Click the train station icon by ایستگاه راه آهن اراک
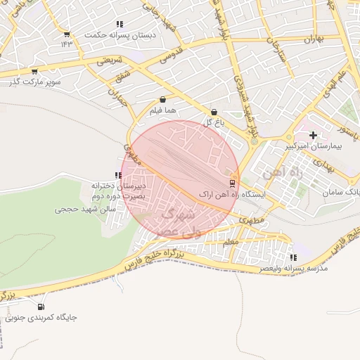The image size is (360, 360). point(233,183)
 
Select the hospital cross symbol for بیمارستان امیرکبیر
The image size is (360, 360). point(313,135)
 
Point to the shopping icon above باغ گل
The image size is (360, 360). point(214,112)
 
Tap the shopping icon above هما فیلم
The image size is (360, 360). point(163,100)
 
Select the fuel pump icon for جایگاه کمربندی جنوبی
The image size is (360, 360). point(40,306)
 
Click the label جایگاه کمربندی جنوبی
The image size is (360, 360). point(41,317)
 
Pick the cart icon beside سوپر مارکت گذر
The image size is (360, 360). point(34,71)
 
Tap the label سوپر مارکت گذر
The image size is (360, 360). point(33,82)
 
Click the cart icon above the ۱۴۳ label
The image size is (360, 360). point(66,34)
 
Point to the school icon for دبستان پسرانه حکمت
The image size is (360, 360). point(119,24)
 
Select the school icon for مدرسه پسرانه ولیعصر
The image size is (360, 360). point(294,257)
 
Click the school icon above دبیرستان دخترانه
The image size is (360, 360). point(118,175)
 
